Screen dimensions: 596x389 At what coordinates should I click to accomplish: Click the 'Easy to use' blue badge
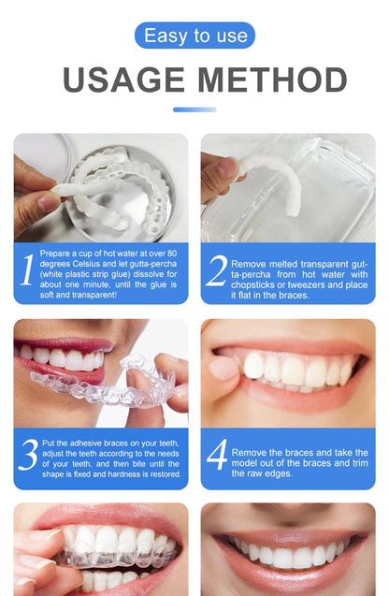(194, 36)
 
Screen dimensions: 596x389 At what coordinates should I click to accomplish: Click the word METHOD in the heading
(271, 81)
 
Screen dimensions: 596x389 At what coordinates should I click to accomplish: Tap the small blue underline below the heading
(194, 109)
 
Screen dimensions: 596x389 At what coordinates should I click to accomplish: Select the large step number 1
(28, 270)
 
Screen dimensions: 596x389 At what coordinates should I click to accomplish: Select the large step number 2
(216, 271)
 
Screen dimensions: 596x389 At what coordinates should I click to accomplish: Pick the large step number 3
(28, 455)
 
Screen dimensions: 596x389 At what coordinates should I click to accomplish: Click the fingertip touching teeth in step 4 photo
(223, 368)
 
